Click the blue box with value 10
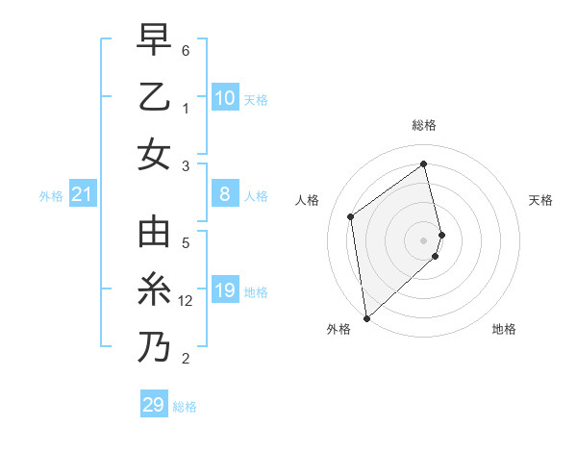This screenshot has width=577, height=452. (x=224, y=97)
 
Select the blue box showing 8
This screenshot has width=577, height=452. (x=224, y=194)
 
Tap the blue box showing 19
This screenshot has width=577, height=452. (x=224, y=290)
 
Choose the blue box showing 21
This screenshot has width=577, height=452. (x=83, y=195)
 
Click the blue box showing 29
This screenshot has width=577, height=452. (x=153, y=405)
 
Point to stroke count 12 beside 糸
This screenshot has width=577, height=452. (x=187, y=301)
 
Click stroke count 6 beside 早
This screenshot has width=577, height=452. (x=186, y=49)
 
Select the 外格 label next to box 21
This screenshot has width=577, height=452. (x=50, y=196)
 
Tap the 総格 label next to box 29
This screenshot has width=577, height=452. (x=185, y=407)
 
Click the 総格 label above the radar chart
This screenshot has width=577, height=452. (x=424, y=125)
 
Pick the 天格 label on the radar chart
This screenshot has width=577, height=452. (x=540, y=200)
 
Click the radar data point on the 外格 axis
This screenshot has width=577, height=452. (x=366, y=317)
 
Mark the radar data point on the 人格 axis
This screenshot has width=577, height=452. (x=351, y=216)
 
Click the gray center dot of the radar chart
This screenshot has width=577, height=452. (x=424, y=239)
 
